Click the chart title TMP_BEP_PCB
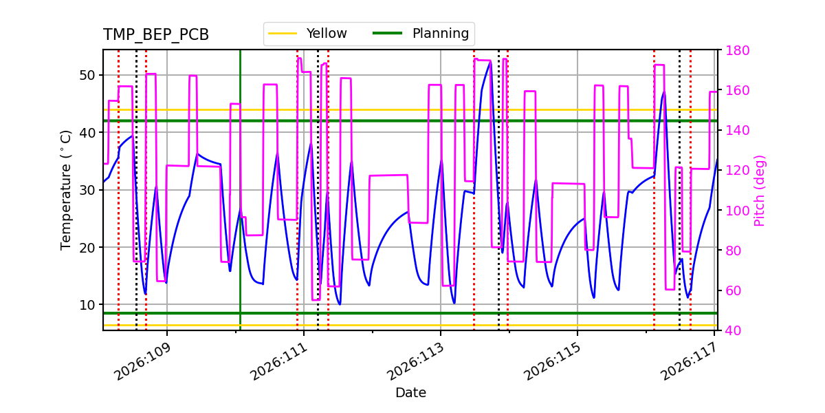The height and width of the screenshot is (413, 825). coord(156,35)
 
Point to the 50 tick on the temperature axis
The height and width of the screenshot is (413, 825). coord(89,75)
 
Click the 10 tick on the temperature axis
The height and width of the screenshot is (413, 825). coord(89,304)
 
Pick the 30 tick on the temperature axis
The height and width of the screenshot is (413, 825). coord(89,190)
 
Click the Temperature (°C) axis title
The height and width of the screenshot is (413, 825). coord(66,190)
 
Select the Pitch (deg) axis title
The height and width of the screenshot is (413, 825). coord(760,190)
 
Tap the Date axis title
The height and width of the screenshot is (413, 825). coord(410,393)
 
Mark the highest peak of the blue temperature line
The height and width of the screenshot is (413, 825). coord(490,61)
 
